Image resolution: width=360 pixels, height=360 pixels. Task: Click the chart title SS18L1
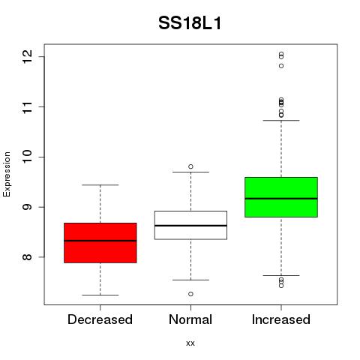(190, 23)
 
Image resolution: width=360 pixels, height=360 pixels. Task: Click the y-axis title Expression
(7, 174)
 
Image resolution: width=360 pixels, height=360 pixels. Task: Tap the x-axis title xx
(190, 343)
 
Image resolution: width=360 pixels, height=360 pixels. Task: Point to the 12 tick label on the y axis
(28, 57)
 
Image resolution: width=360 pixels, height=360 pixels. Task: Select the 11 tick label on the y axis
(28, 107)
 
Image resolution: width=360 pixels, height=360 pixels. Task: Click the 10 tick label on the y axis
(28, 157)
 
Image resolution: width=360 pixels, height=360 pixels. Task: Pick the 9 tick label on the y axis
(28, 207)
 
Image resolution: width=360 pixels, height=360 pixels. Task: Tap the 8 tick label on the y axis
(28, 257)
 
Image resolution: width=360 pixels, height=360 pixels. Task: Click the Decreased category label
(100, 319)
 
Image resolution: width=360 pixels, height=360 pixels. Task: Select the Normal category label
(190, 319)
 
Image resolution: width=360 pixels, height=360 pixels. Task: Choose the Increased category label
(281, 319)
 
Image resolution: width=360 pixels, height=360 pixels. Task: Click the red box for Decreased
(100, 243)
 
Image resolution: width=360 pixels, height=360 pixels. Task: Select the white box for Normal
(190, 225)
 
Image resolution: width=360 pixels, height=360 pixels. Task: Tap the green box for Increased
(281, 197)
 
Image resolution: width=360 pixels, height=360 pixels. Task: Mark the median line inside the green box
(281, 199)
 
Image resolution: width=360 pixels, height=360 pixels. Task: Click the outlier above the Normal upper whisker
(190, 166)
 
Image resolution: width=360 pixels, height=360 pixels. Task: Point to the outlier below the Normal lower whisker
(190, 294)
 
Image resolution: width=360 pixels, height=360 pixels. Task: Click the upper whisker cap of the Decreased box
(100, 185)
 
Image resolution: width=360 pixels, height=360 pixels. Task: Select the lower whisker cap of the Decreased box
(100, 295)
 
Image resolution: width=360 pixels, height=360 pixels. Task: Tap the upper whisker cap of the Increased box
(281, 120)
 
